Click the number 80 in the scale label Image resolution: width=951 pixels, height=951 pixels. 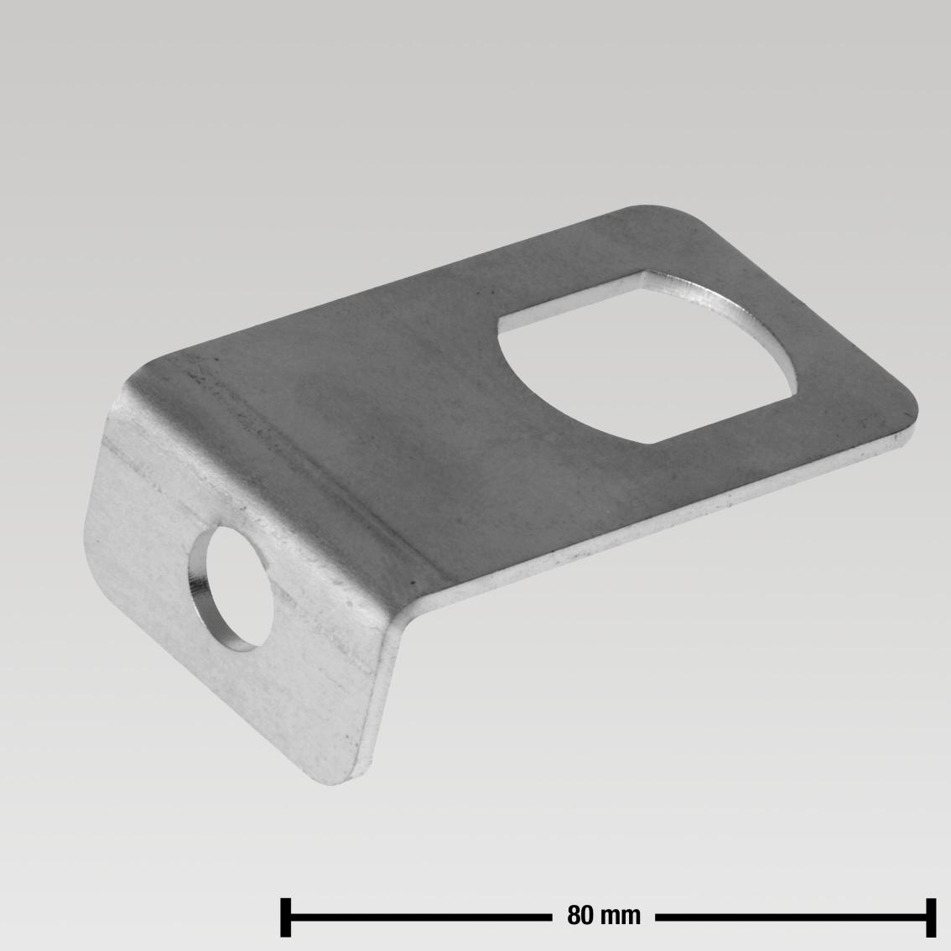(580, 915)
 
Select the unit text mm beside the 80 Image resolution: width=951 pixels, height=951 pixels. (621, 915)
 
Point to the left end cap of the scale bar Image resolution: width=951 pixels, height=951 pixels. (285, 916)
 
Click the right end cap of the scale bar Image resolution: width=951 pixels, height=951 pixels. (930, 916)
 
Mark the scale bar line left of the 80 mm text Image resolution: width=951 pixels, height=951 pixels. (419, 917)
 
